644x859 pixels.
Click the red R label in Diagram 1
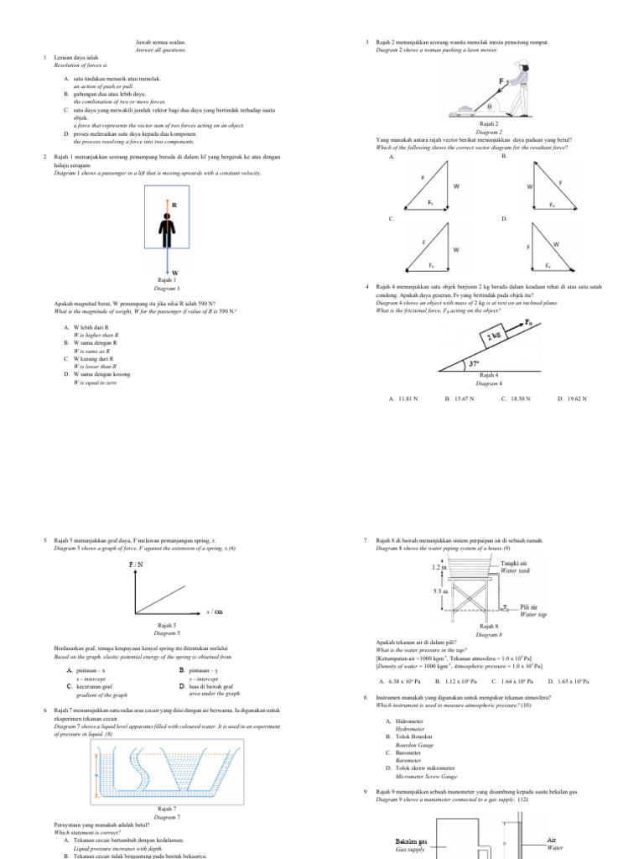pos(174,205)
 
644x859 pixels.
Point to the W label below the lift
pos(175,273)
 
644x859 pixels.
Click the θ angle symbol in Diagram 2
pos(489,107)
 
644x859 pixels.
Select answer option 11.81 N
pos(403,399)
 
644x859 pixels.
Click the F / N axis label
pos(136,565)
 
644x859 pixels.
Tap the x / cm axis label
pos(214,612)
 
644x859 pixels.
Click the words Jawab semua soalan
pos(160,41)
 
